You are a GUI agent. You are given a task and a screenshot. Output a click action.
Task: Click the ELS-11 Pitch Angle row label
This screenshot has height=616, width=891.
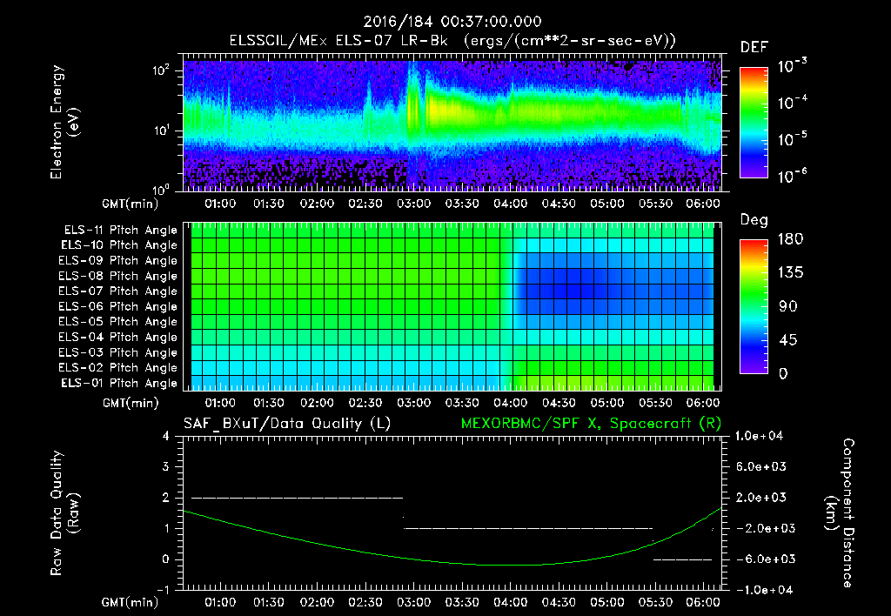[120, 231]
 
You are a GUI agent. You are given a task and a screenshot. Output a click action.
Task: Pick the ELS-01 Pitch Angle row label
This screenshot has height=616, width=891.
[120, 383]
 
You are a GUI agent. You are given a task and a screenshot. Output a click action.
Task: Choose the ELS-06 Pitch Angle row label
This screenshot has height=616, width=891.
[120, 306]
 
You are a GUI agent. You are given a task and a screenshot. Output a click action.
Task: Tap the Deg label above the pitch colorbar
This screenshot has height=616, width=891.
[754, 220]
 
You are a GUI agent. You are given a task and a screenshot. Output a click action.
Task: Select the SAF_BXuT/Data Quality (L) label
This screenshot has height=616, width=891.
[286, 424]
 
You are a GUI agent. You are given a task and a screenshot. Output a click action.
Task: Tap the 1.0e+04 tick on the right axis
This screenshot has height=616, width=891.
[760, 435]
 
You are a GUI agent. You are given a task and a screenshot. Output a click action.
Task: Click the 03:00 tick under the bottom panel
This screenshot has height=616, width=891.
[413, 601]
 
